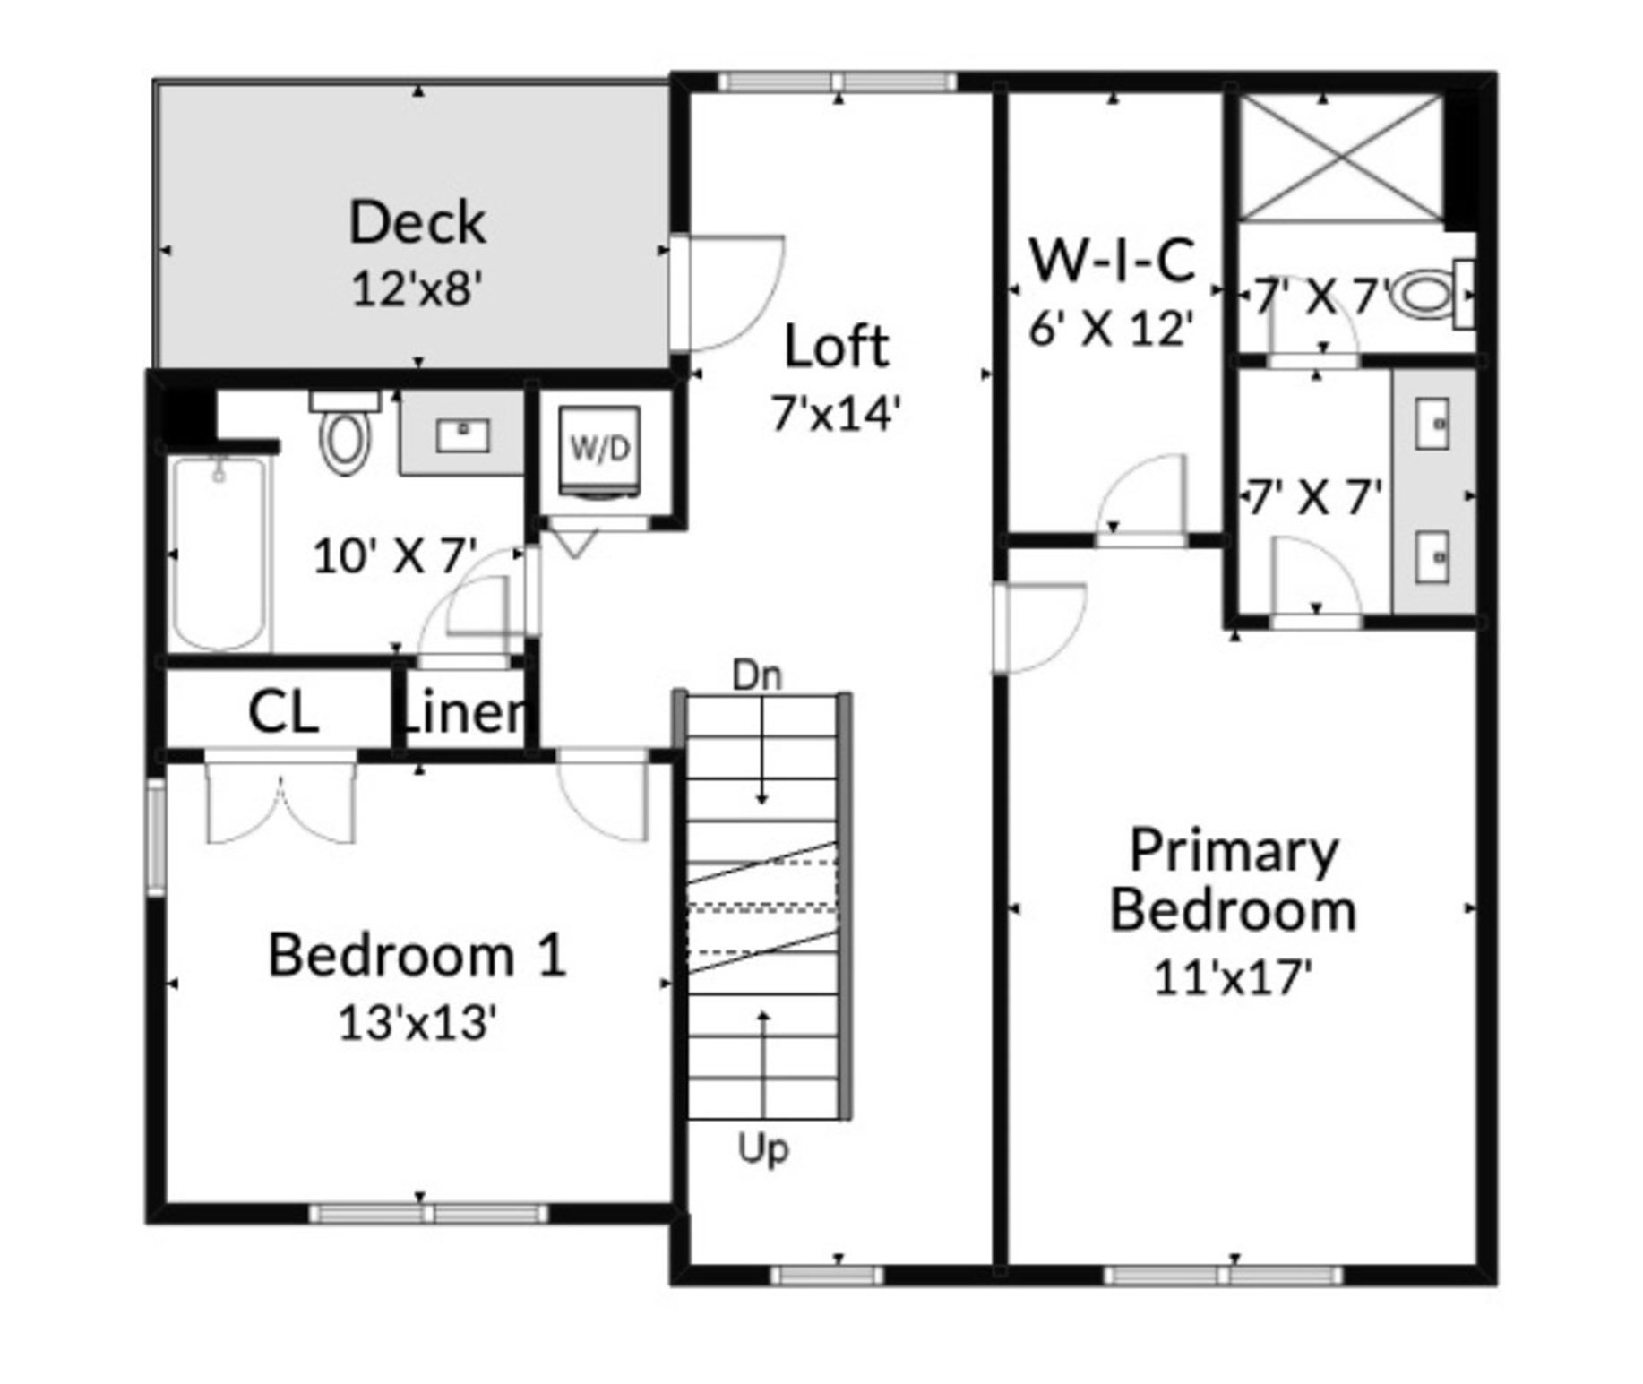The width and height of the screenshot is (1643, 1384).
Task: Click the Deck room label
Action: (x=417, y=222)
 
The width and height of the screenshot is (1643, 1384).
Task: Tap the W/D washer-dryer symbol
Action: (x=599, y=448)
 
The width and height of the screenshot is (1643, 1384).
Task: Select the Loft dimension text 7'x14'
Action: (x=836, y=414)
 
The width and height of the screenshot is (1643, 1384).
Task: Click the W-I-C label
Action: (x=1113, y=260)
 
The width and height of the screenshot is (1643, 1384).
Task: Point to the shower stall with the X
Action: (x=1340, y=158)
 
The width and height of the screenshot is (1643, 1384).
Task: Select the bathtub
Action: (x=219, y=554)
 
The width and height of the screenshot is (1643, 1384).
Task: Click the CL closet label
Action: (x=282, y=713)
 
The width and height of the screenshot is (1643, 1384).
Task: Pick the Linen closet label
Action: (x=464, y=713)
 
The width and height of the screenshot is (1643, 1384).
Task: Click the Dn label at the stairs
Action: (x=757, y=675)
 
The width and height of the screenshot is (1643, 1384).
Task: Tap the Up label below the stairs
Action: (x=763, y=1148)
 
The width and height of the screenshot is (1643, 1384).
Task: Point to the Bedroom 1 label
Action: (x=417, y=955)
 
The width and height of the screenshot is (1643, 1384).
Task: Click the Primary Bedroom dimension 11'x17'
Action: (x=1233, y=977)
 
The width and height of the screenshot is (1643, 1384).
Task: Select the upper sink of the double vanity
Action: (x=1432, y=424)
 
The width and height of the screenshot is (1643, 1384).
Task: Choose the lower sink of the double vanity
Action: (x=1432, y=556)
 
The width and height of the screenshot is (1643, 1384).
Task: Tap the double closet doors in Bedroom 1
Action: (x=281, y=803)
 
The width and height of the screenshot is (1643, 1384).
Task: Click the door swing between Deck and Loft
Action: (x=730, y=292)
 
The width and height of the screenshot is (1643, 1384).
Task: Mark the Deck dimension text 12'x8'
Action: (x=417, y=288)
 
